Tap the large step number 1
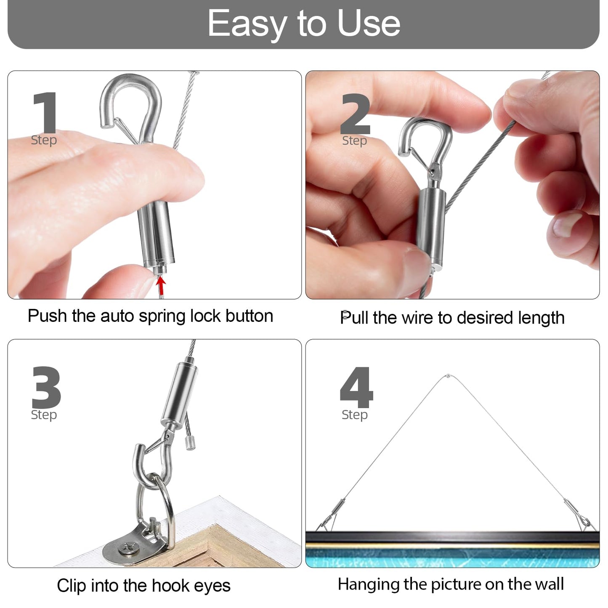(45, 113)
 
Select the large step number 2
(356, 114)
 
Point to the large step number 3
(46, 387)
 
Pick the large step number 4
(356, 387)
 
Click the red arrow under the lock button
(160, 286)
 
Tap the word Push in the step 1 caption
(48, 316)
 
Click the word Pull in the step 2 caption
(354, 318)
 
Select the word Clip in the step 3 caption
(72, 586)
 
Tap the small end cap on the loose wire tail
(191, 443)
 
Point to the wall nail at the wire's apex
(448, 375)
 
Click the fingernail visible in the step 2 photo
(566, 223)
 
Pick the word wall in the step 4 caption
(550, 584)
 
